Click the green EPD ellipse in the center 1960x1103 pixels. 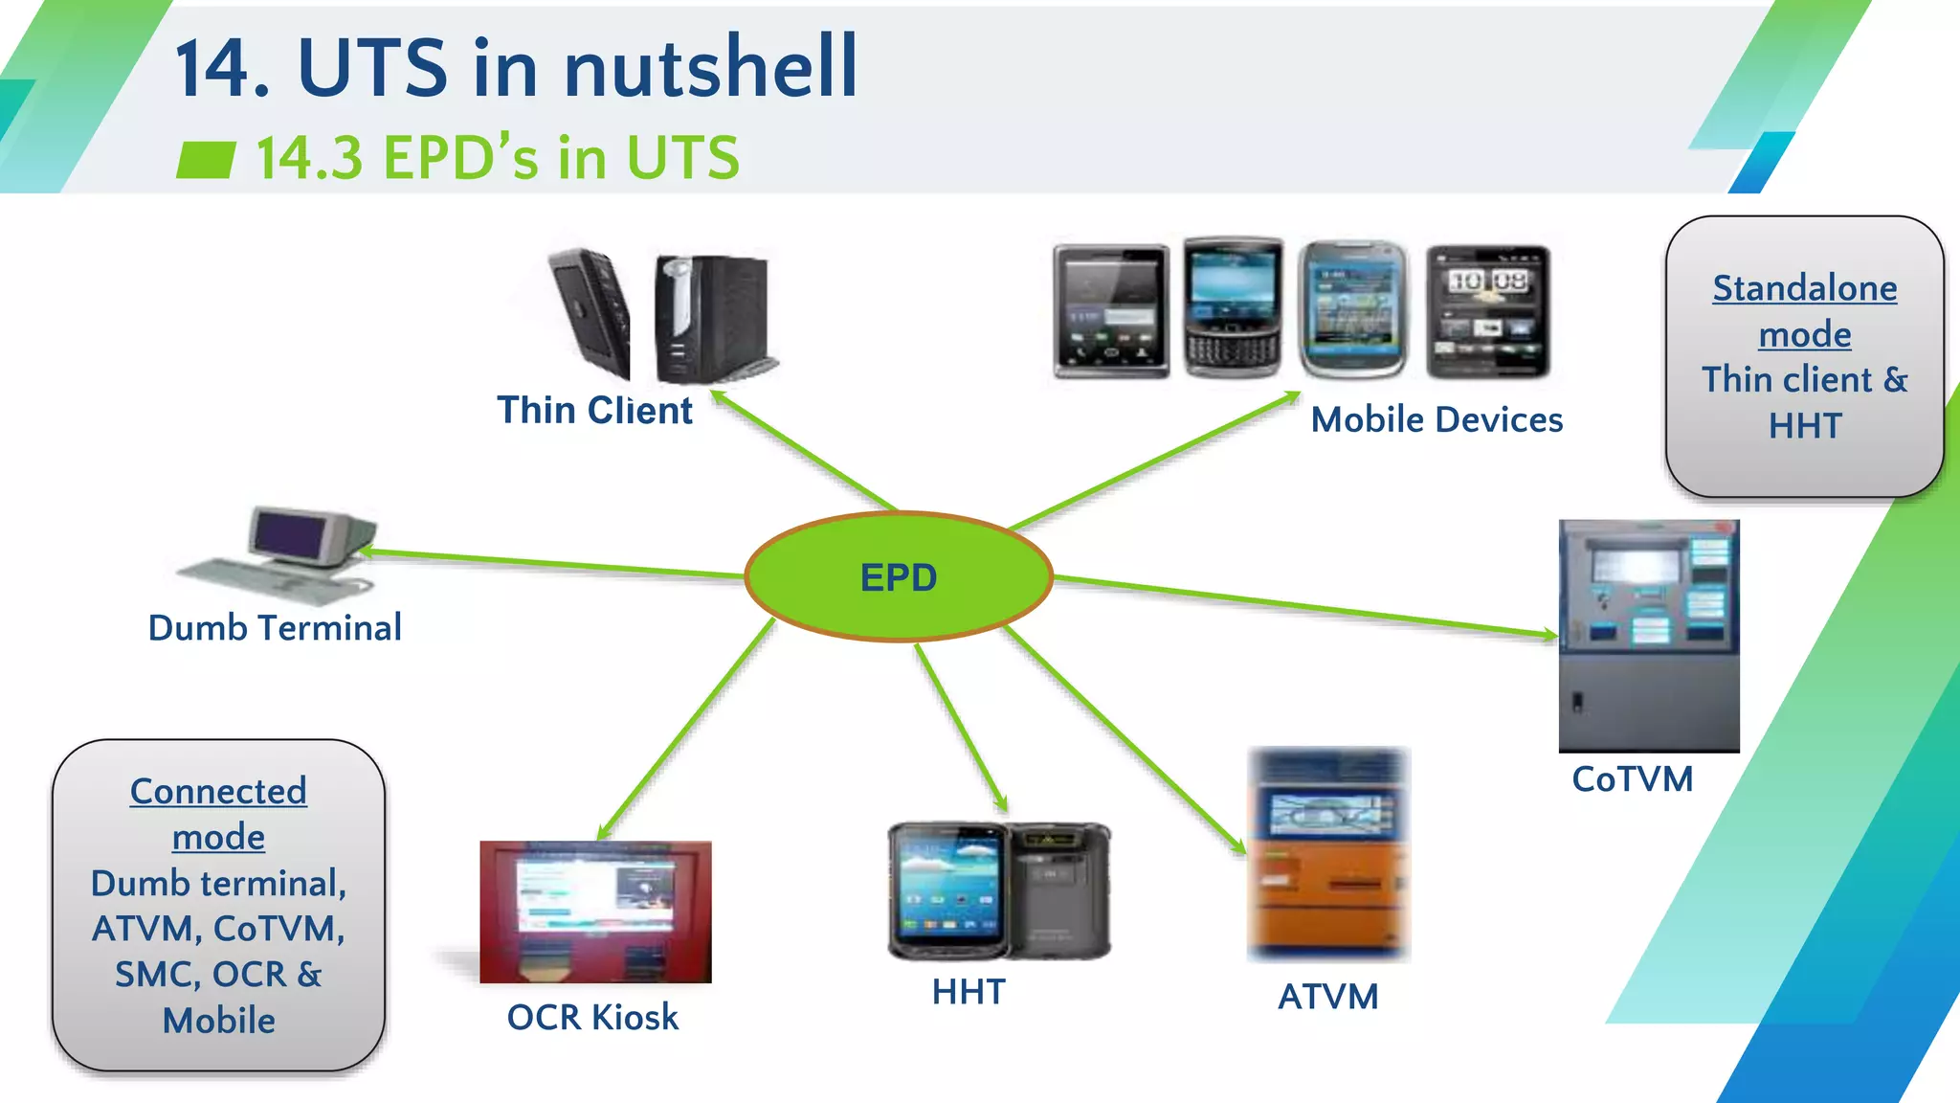pos(898,576)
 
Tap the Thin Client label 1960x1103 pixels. pos(594,410)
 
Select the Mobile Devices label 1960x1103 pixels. pos(1436,419)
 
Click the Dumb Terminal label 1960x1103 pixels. pos(275,628)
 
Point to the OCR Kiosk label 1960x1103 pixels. pos(591,1017)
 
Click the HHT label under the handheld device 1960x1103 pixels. pos(969,992)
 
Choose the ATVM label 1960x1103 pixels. pos(1327,997)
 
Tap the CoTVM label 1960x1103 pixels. pos(1632,779)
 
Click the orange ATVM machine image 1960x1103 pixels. pos(1328,854)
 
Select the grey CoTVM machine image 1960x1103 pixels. pos(1648,636)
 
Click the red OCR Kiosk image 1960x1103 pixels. pos(595,912)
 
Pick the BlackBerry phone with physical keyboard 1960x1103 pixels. pos(1232,308)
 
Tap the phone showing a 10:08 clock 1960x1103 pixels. pos(1487,311)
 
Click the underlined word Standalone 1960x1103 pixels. pos(1804,288)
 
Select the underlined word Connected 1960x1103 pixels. pos(218,792)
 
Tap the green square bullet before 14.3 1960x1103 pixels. pos(206,160)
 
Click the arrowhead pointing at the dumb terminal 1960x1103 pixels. pos(367,551)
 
